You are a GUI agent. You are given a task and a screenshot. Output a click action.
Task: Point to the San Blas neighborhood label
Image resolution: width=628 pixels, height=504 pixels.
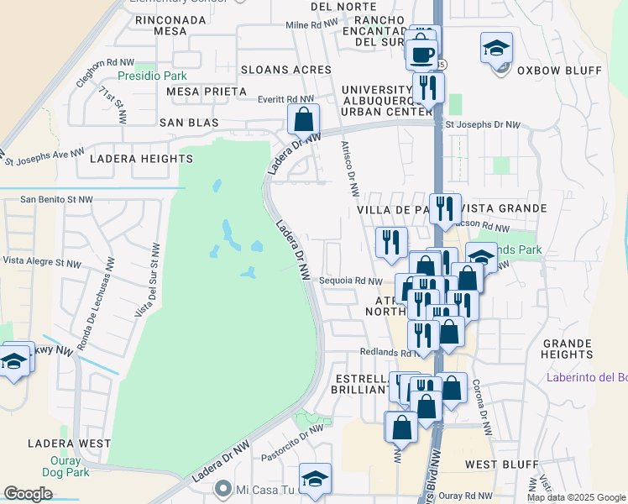coord(189,123)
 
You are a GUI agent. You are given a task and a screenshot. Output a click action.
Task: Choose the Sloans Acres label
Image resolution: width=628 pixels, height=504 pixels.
coord(285,70)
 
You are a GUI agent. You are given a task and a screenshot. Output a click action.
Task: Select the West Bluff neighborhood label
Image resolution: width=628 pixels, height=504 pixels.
coord(495,464)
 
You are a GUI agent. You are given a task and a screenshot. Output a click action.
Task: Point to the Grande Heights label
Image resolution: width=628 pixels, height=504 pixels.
coord(568,349)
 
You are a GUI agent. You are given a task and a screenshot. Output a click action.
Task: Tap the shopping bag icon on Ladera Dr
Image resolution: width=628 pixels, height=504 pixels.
coord(303,120)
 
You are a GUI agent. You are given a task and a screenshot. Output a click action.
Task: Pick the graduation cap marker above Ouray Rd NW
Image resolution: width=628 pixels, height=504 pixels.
coord(315,479)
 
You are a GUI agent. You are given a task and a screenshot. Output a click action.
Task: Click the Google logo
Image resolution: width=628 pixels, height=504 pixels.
coord(29,494)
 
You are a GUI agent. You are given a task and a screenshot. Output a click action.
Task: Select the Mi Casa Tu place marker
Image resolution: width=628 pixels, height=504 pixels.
coord(222,487)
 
